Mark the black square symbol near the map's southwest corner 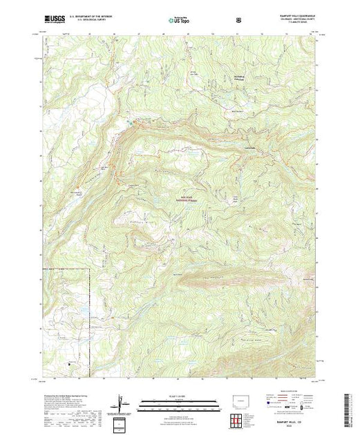click(67, 360)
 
